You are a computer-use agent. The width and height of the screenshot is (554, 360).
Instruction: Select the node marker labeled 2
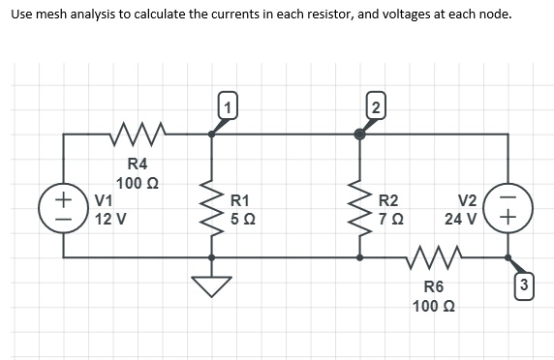click(x=374, y=108)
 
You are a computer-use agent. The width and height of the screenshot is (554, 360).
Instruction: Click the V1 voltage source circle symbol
click(x=64, y=210)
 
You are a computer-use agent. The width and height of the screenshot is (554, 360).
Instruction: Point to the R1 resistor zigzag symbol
click(x=211, y=210)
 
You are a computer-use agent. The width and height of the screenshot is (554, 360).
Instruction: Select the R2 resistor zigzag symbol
click(x=359, y=210)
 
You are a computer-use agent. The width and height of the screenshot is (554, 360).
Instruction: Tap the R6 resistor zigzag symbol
click(x=433, y=257)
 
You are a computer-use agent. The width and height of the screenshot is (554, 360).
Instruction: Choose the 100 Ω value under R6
click(x=433, y=306)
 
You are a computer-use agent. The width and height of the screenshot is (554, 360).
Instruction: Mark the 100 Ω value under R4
click(x=138, y=183)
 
